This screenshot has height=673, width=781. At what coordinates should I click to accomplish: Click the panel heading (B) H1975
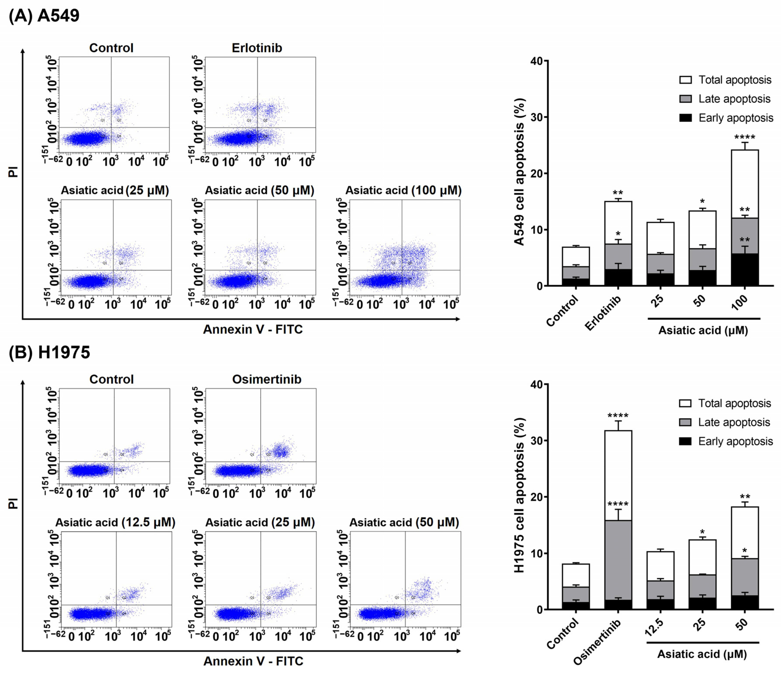click(49, 353)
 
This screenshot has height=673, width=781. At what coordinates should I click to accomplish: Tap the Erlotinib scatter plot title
click(257, 48)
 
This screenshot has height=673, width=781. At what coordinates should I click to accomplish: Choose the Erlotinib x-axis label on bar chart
click(603, 313)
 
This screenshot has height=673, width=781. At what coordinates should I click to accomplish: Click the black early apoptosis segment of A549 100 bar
click(744, 270)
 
